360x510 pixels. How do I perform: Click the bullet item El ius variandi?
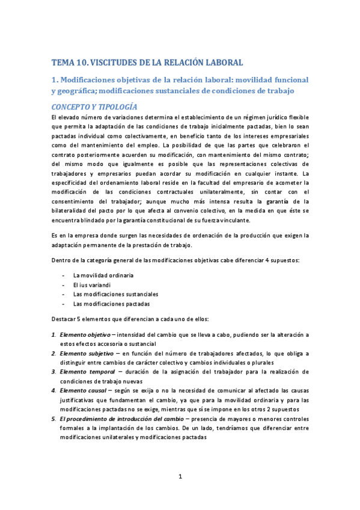tap(91, 284)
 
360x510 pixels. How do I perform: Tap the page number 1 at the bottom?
tap(180, 477)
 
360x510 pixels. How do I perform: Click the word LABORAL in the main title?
tap(221, 62)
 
